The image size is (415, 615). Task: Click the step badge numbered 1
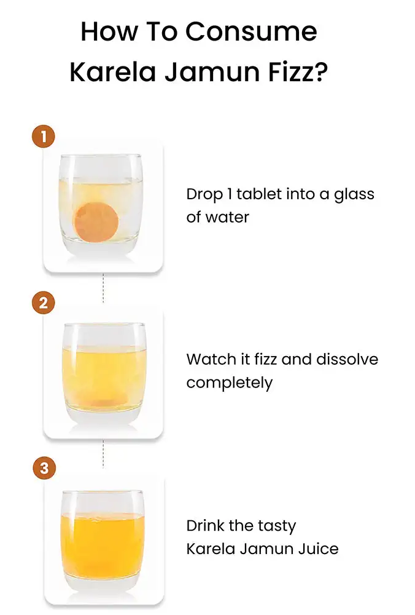point(44,137)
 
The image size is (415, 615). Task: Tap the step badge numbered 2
point(44,303)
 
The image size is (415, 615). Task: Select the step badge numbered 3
point(44,468)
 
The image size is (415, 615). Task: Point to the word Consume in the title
point(251,31)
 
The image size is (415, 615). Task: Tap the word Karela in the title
point(113,72)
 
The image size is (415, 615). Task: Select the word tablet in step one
point(259,194)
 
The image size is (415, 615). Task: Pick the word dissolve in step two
point(347,359)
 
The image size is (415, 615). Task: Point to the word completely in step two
point(230,383)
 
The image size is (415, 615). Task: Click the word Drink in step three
point(205,526)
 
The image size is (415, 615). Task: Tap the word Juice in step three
point(318,549)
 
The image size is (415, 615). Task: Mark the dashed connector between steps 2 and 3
point(103,454)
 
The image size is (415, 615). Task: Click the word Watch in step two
point(210,359)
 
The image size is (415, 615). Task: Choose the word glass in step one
point(354,195)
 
